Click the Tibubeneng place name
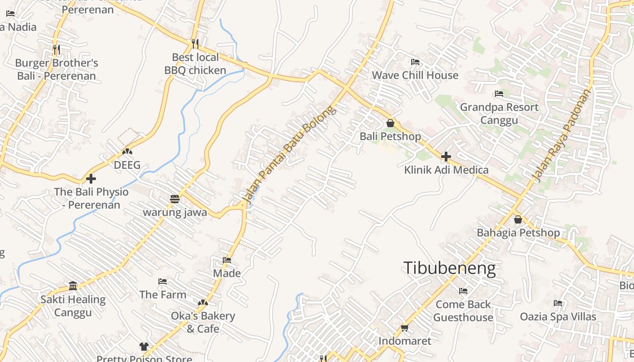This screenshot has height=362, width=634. (449, 268)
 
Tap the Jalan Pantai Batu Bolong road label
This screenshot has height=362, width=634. (290, 154)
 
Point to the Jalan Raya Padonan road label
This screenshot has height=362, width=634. (563, 135)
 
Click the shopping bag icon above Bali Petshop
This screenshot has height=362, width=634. (390, 123)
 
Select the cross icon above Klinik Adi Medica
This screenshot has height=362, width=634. (446, 157)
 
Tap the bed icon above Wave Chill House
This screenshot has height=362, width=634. (415, 62)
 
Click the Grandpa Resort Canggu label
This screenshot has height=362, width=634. (499, 114)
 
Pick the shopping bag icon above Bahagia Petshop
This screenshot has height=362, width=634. (518, 219)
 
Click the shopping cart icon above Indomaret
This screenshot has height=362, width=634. (404, 328)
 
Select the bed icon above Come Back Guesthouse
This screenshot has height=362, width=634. (463, 291)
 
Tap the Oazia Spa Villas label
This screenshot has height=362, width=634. (558, 316)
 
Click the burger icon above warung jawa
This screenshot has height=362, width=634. (175, 199)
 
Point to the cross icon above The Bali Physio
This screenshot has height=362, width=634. (91, 179)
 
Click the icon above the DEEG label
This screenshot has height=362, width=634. (127, 152)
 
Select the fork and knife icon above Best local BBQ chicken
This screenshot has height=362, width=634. (195, 43)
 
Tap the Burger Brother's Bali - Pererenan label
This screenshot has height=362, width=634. (57, 69)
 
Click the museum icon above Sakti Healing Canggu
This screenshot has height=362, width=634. (73, 286)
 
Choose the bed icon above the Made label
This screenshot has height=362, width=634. (227, 260)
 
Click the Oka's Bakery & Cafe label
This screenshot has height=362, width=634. (203, 322)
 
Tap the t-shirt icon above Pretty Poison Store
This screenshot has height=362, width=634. (144, 347)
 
